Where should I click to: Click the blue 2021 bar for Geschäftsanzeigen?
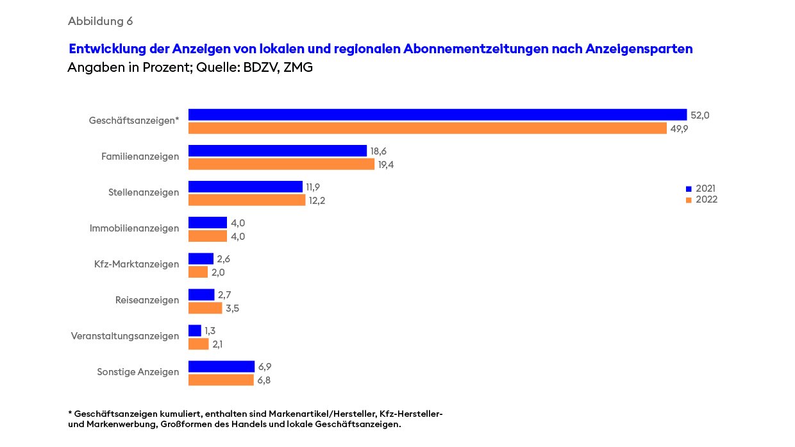pyautogui.click(x=437, y=115)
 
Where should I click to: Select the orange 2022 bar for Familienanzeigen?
pyautogui.click(x=281, y=164)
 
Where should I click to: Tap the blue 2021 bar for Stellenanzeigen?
pyautogui.click(x=245, y=187)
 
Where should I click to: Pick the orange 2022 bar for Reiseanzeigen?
pyautogui.click(x=205, y=308)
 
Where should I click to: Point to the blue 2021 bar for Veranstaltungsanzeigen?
pyautogui.click(x=195, y=330)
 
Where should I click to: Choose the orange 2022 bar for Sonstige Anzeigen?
pyautogui.click(x=221, y=380)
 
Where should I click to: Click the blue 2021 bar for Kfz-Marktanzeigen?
pyautogui.click(x=201, y=258)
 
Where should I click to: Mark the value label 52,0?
pyautogui.click(x=700, y=115)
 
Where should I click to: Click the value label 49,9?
pyautogui.click(x=680, y=128)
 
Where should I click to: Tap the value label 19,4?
pyautogui.click(x=387, y=165)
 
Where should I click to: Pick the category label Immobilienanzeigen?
pyautogui.click(x=134, y=228)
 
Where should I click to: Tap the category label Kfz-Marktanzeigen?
pyautogui.click(x=137, y=264)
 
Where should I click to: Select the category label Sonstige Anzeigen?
pyautogui.click(x=138, y=372)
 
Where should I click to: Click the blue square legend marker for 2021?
pyautogui.click(x=689, y=189)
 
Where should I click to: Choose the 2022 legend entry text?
pyautogui.click(x=707, y=199)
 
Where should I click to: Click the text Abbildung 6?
pyautogui.click(x=100, y=21)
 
